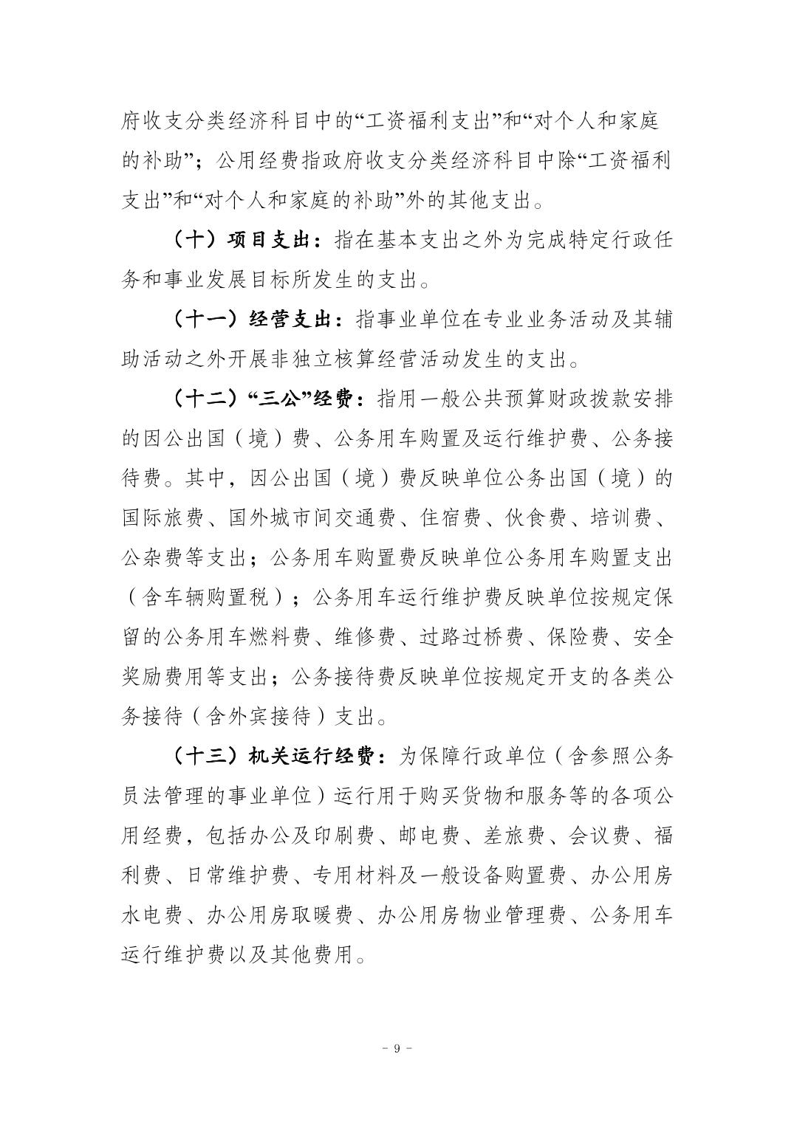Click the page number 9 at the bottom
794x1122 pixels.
397,1049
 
